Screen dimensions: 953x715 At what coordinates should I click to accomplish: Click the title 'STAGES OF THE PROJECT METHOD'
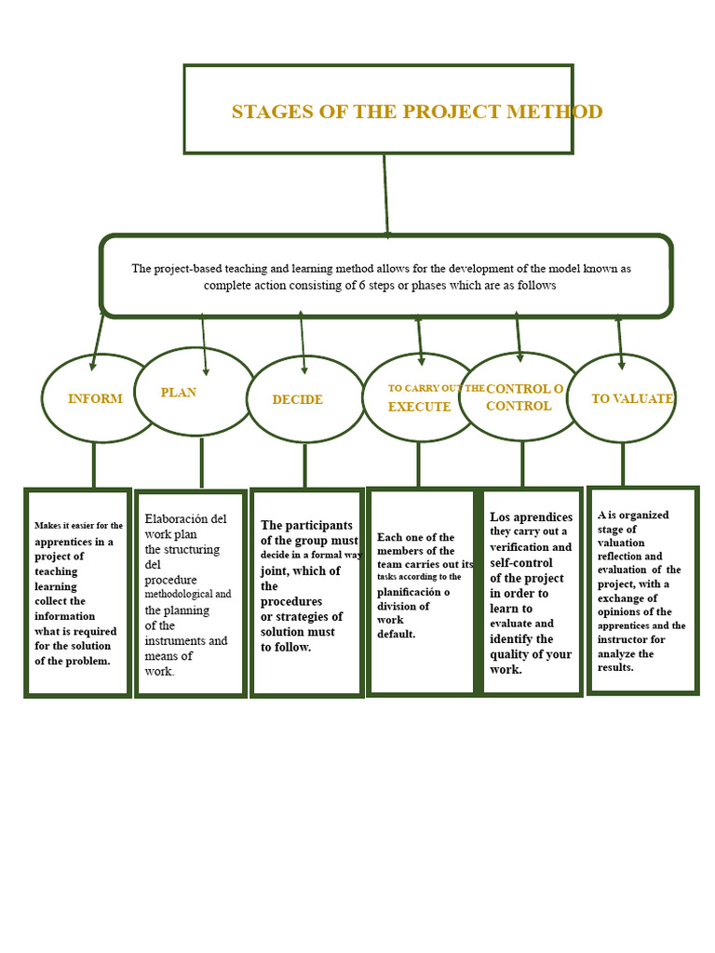pyautogui.click(x=416, y=112)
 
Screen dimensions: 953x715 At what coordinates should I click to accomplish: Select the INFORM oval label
pyautogui.click(x=95, y=398)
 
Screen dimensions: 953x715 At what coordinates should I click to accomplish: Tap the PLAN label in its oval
pyautogui.click(x=179, y=392)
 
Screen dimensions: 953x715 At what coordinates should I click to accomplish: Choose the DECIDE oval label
pyautogui.click(x=297, y=399)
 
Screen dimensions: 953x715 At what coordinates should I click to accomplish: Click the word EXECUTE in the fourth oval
pyautogui.click(x=419, y=407)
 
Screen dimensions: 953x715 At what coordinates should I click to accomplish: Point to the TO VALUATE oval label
pyautogui.click(x=632, y=398)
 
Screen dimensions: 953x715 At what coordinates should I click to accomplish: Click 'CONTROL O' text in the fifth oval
pyautogui.click(x=524, y=388)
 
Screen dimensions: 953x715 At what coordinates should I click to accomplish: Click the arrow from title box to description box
pyautogui.click(x=385, y=195)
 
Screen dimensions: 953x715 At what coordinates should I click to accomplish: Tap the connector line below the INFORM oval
pyautogui.click(x=94, y=464)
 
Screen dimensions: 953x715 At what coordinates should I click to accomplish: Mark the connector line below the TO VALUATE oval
pyautogui.click(x=623, y=463)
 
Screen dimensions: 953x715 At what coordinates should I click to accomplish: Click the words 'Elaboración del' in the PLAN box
pyautogui.click(x=185, y=518)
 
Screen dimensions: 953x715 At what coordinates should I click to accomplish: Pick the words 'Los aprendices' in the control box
pyautogui.click(x=531, y=517)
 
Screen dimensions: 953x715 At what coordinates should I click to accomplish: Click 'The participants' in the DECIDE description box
pyautogui.click(x=306, y=525)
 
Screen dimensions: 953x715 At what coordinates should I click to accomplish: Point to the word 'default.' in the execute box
pyautogui.click(x=396, y=634)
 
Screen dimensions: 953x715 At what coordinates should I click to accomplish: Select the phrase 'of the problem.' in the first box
pyautogui.click(x=73, y=661)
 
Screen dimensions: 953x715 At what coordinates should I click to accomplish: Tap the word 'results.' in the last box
pyautogui.click(x=615, y=667)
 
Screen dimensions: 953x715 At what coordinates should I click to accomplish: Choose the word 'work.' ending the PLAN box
pyautogui.click(x=159, y=671)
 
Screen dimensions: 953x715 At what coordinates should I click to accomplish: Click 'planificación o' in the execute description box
pyautogui.click(x=413, y=591)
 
